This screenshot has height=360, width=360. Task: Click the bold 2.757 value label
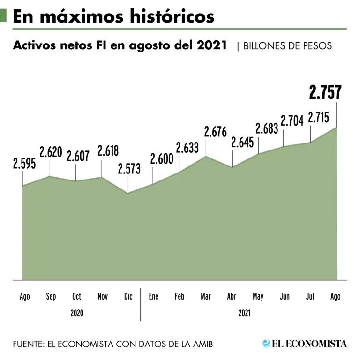(x=325, y=92)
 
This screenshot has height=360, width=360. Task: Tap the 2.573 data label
(x=129, y=169)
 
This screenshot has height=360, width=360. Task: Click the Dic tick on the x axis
(x=128, y=296)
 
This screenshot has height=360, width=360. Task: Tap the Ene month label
(x=153, y=296)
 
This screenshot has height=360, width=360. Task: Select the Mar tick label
(x=205, y=296)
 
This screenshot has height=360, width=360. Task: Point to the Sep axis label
(x=51, y=296)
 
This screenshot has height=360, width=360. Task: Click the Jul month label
(x=309, y=296)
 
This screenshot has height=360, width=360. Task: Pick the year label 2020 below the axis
(x=77, y=313)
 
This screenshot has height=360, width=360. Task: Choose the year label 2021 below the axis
(x=244, y=313)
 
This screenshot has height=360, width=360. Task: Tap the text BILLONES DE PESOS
(x=288, y=46)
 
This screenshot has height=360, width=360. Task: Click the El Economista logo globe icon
(x=266, y=344)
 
